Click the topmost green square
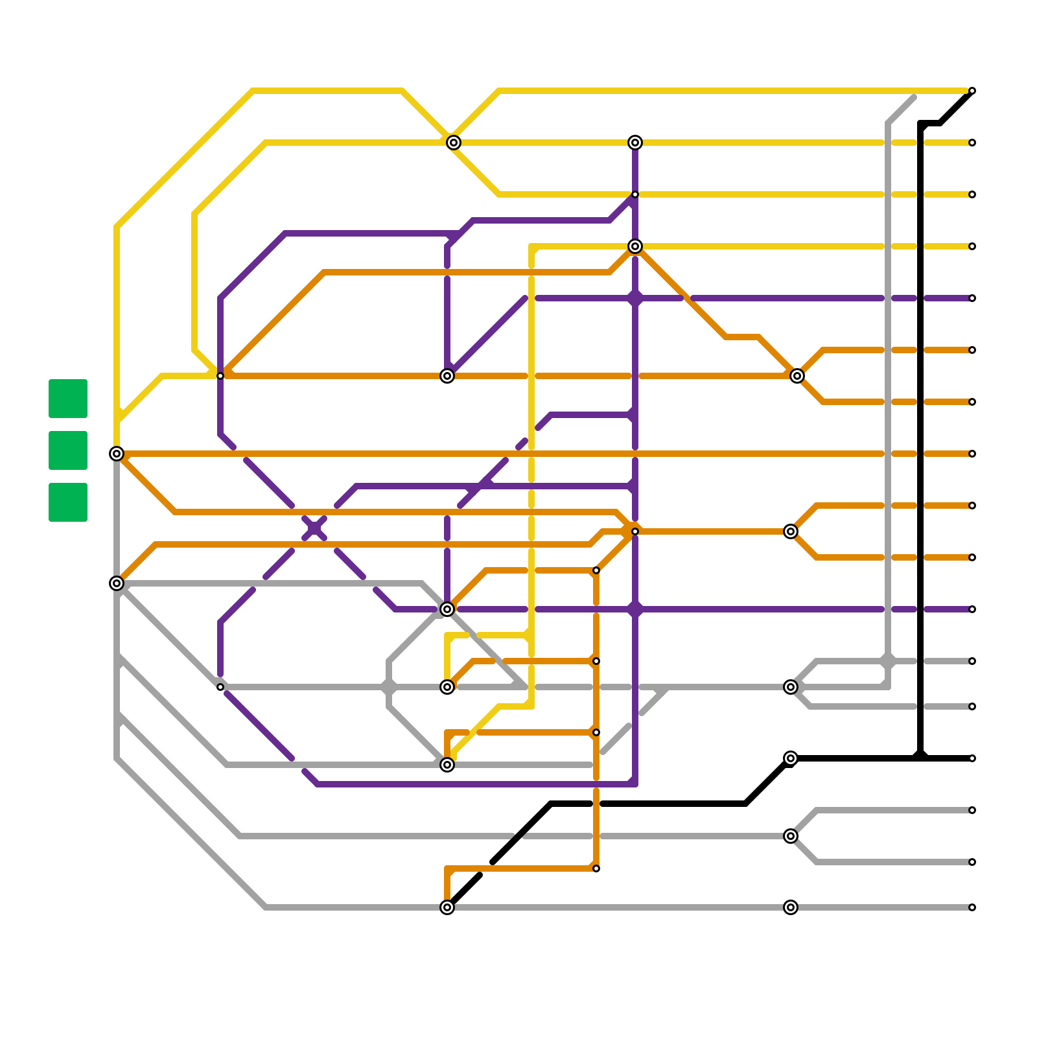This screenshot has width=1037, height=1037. click(x=68, y=399)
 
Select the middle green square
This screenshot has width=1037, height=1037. click(x=68, y=450)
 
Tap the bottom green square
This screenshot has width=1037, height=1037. click(x=68, y=502)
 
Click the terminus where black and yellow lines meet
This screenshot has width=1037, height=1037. click(x=972, y=91)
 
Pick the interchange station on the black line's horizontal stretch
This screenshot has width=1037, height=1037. click(x=791, y=758)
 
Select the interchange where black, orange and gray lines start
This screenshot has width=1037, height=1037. click(x=447, y=907)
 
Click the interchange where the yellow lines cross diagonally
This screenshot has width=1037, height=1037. click(x=454, y=143)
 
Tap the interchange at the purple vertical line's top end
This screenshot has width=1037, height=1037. click(x=635, y=143)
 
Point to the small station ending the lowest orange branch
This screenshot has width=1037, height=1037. click(x=596, y=868)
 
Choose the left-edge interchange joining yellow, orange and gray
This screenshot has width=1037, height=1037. click(x=117, y=454)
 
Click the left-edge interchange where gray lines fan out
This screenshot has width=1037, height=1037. click(x=117, y=583)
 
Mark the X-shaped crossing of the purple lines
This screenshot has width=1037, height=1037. click(x=314, y=528)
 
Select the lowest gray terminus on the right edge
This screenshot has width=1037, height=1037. click(x=972, y=907)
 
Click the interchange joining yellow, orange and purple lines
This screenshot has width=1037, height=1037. click(x=635, y=246)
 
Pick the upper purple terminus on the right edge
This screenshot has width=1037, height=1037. click(x=972, y=298)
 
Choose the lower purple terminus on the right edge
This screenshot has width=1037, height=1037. click(x=972, y=609)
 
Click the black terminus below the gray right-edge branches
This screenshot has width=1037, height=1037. click(x=972, y=758)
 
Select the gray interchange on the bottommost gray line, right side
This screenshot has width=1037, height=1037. click(x=791, y=907)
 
